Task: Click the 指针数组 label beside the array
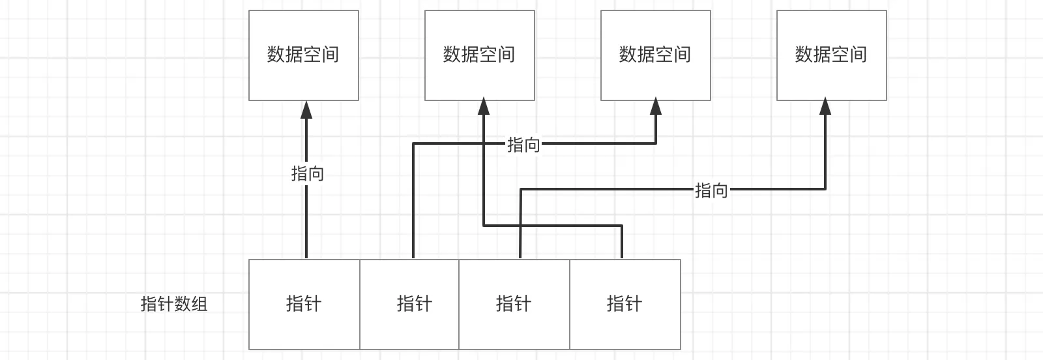[173, 304]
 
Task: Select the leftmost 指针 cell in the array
[304, 305]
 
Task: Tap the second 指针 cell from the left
[409, 305]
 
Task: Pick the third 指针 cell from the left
[514, 305]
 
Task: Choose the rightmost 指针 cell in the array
[625, 305]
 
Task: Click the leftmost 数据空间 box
[304, 55]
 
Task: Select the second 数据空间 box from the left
[480, 55]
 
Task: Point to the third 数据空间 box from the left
[656, 55]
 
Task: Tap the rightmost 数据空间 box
[832, 55]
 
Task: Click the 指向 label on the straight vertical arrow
[307, 173]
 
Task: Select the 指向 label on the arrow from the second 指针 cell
[523, 145]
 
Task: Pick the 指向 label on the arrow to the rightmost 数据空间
[711, 190]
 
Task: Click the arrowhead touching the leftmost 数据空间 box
[306, 110]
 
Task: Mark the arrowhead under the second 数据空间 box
[484, 106]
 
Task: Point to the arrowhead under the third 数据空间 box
[656, 106]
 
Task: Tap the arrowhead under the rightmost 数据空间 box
[825, 106]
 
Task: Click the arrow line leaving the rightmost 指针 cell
[553, 226]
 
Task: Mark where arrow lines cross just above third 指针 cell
[520, 226]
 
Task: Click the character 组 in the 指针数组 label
[199, 304]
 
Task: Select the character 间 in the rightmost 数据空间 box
[858, 55]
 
